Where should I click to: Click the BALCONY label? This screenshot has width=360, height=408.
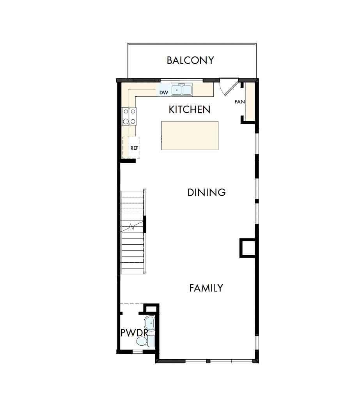click(x=190, y=60)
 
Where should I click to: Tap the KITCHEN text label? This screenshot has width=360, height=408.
click(x=190, y=110)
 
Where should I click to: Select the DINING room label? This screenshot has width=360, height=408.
click(x=206, y=193)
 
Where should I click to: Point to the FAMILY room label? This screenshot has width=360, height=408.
click(x=206, y=288)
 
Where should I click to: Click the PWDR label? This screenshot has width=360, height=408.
click(x=134, y=333)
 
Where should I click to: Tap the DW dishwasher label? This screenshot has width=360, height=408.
click(x=163, y=92)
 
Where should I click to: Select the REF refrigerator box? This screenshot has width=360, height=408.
click(x=131, y=147)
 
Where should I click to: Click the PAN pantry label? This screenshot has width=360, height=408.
click(x=239, y=102)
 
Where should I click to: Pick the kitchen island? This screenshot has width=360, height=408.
click(x=190, y=135)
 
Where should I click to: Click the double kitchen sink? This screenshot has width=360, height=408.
click(x=181, y=90)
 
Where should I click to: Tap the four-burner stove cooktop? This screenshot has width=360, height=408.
click(x=129, y=116)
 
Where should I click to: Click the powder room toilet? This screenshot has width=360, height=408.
click(x=144, y=341)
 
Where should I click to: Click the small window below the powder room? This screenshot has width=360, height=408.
click(x=137, y=351)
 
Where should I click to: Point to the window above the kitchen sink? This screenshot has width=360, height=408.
click(x=181, y=81)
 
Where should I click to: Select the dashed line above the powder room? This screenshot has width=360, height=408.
click(x=132, y=304)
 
